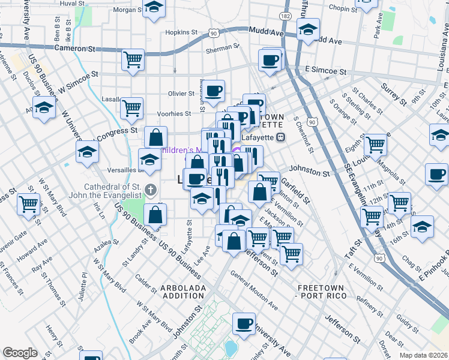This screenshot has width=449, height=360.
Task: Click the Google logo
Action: tap(20, 353)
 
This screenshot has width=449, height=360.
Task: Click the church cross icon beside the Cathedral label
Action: tap(151, 191)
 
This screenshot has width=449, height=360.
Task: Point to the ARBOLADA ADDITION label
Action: tap(182, 292)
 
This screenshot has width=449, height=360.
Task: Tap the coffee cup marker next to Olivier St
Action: tap(213, 91)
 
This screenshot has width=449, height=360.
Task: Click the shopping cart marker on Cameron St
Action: tap(133, 59)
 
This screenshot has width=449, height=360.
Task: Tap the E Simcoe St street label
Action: tap(325, 71)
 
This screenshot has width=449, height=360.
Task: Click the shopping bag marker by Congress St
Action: tap(155, 137)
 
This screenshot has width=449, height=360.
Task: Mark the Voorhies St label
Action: tap(174, 113)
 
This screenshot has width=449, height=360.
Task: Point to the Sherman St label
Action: tap(222, 52)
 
